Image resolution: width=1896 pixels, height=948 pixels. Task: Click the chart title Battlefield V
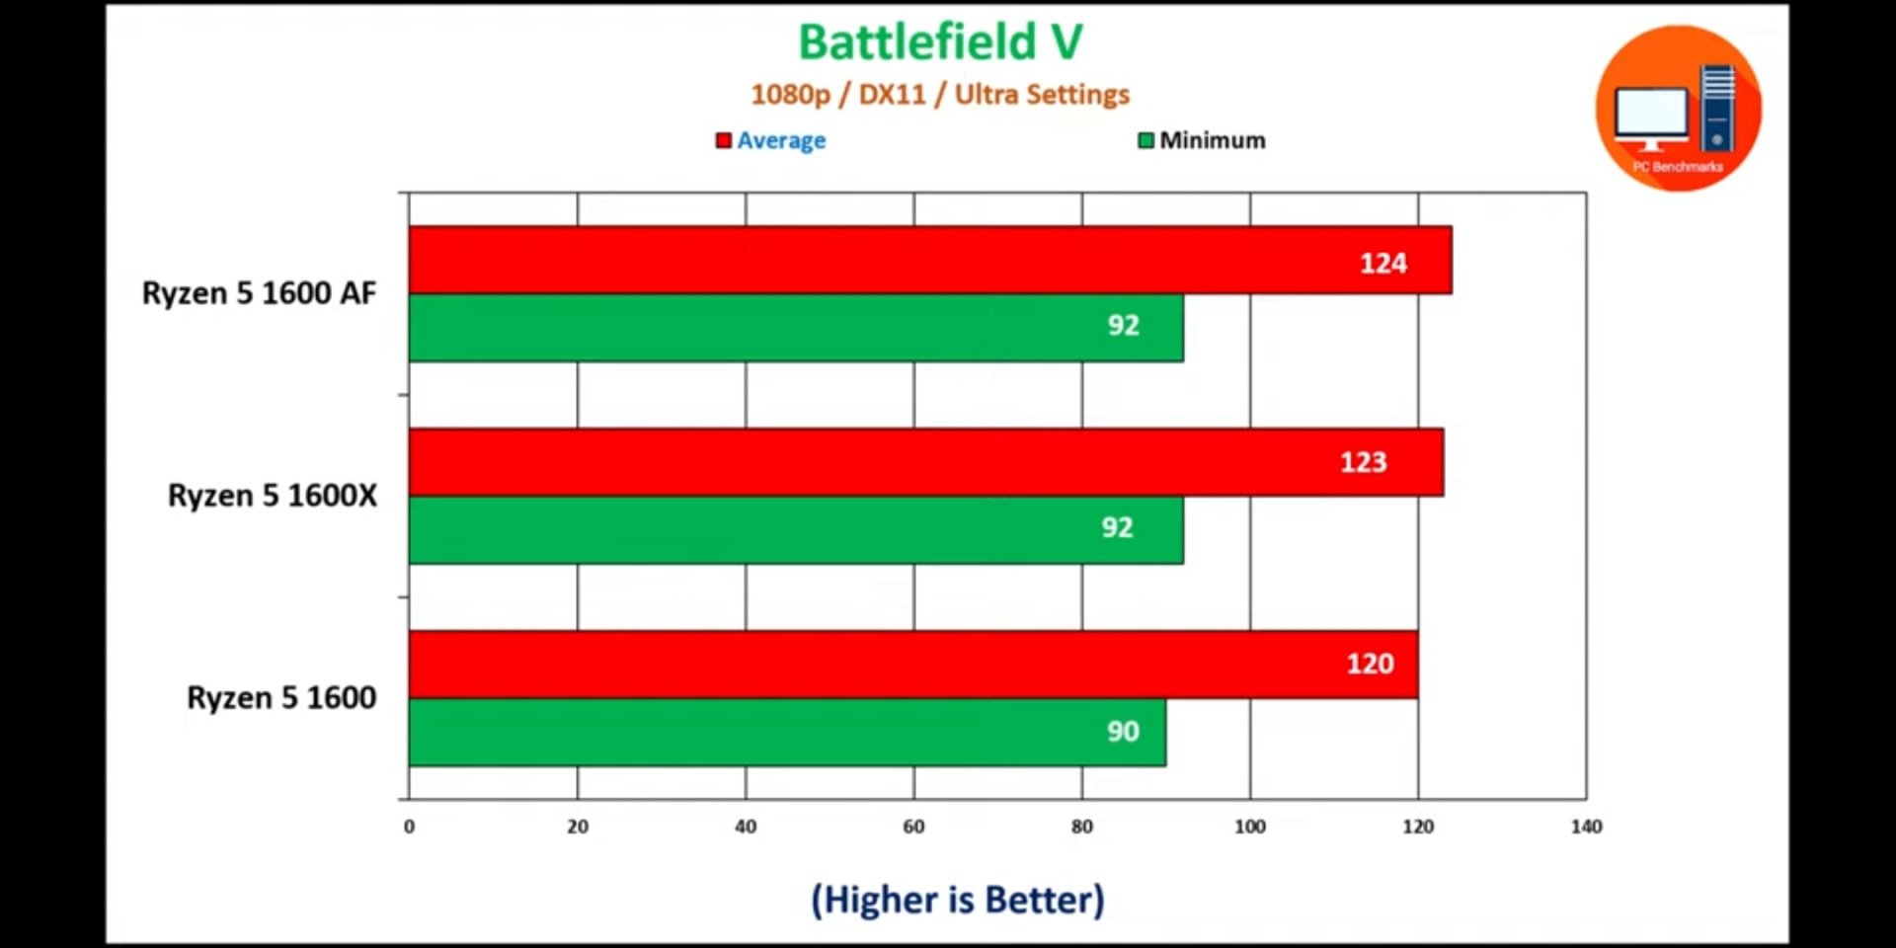[x=940, y=42]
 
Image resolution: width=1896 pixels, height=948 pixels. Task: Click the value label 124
[x=1382, y=264]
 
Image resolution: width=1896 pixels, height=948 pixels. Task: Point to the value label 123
[x=1363, y=462]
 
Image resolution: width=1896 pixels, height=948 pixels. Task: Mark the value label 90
[x=1123, y=732]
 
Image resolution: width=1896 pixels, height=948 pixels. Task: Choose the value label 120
[x=1370, y=664]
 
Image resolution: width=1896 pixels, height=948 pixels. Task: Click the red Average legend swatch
[x=724, y=141]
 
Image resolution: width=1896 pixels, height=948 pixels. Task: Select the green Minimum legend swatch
[x=1145, y=141]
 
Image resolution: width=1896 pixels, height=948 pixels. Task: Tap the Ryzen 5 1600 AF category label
[x=259, y=293]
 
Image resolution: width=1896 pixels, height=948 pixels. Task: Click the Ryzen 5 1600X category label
[x=272, y=496]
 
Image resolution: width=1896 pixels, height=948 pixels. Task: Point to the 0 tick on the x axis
[x=409, y=827]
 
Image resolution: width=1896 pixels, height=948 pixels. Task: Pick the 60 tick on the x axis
[x=913, y=827]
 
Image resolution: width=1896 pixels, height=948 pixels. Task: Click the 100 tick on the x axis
[x=1249, y=827]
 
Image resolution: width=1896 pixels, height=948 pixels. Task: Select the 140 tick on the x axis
[x=1586, y=827]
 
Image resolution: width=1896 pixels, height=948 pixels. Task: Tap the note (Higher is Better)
[x=957, y=900]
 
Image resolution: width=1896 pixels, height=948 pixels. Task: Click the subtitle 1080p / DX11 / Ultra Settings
[x=939, y=95]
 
